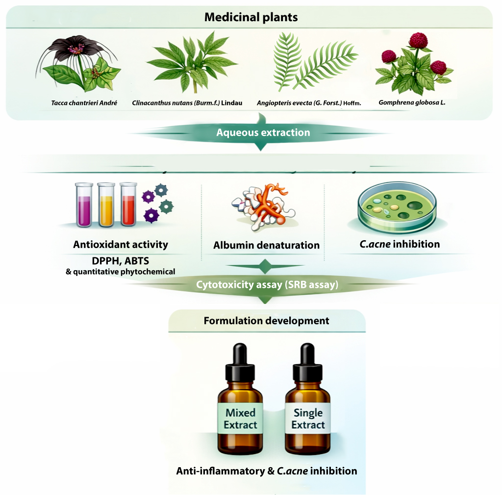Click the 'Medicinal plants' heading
click(251, 17)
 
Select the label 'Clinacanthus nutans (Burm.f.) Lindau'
click(187, 103)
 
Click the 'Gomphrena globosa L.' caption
click(412, 102)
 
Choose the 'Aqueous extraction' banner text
click(263, 132)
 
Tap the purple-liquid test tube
click(84, 205)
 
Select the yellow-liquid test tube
click(106, 205)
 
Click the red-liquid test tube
click(128, 204)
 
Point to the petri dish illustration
click(397, 207)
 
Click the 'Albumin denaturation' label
click(266, 245)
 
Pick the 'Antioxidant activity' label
click(121, 245)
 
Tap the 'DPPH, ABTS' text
click(121, 261)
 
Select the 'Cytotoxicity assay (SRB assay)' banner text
click(267, 284)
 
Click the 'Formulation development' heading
click(266, 321)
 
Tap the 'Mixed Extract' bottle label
click(240, 419)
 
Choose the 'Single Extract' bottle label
click(308, 419)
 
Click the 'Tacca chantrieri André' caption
click(84, 103)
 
